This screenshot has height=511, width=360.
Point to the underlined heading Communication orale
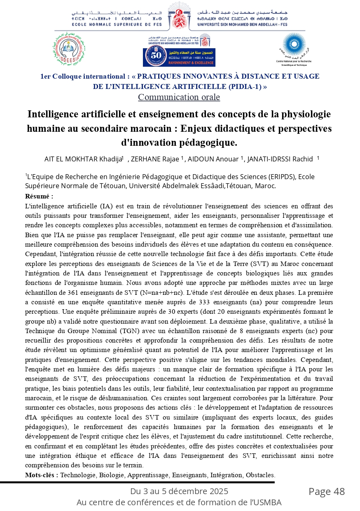179,97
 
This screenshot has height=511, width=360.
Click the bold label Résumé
39,196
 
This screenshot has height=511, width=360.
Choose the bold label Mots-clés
41,475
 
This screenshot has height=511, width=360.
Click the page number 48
339,492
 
